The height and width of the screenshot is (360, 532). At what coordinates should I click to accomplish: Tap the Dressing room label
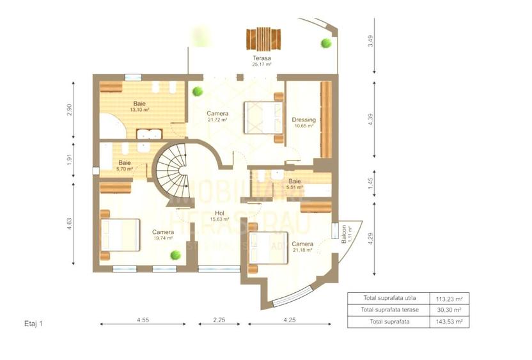[303, 120]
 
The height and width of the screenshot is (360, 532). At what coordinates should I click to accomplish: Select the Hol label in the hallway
[219, 213]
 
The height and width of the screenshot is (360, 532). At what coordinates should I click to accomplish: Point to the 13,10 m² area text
[139, 110]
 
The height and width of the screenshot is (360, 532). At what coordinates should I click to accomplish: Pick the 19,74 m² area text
[164, 238]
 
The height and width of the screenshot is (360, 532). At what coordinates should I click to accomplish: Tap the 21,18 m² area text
[302, 250]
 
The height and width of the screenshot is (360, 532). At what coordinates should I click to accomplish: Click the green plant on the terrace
[326, 43]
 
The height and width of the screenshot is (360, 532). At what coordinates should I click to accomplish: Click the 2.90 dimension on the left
[70, 110]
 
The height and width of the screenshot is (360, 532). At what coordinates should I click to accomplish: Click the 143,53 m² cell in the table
[450, 321]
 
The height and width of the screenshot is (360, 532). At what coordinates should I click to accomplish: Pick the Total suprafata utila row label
[389, 299]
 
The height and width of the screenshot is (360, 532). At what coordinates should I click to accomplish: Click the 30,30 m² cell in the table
[450, 310]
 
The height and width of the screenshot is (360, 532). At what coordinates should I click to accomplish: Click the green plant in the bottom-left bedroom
[174, 255]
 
